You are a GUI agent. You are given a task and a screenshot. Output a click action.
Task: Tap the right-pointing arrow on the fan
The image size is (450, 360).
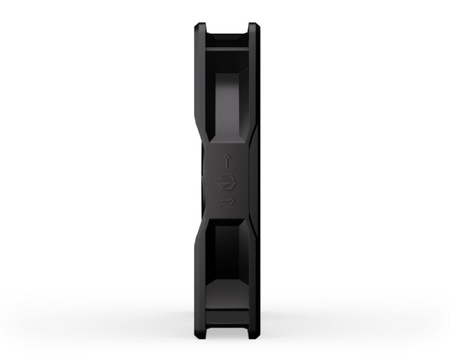229,201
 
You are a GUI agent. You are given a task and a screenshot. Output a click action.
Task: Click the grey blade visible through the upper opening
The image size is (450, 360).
229,105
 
